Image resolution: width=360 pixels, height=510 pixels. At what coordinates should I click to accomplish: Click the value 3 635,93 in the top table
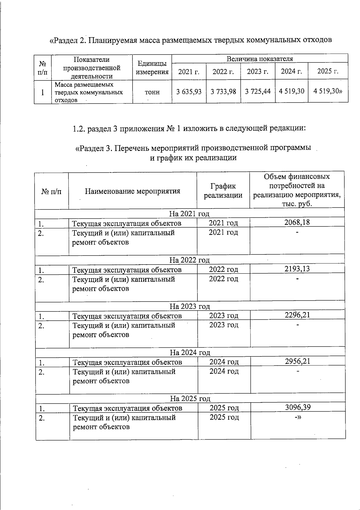pyautogui.click(x=189, y=91)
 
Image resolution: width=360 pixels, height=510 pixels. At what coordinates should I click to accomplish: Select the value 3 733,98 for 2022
pyautogui.click(x=223, y=91)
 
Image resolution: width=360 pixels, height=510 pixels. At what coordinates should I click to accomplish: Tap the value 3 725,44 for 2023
pyautogui.click(x=258, y=91)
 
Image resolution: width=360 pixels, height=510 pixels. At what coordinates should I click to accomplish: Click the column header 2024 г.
pyautogui.click(x=291, y=71)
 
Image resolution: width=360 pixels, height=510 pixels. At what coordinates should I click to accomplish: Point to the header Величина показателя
pyautogui.click(x=260, y=59)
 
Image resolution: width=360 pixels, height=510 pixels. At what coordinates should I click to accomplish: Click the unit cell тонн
pyautogui.click(x=152, y=92)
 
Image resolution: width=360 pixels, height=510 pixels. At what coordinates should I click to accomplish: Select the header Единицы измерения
pyautogui.click(x=152, y=67)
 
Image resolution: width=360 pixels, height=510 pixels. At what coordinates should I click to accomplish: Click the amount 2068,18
pyautogui.click(x=297, y=222)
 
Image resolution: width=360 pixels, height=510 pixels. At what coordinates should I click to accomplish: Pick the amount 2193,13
pyautogui.click(x=297, y=268)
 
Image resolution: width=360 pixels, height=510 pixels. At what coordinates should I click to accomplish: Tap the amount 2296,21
pyautogui.click(x=297, y=315)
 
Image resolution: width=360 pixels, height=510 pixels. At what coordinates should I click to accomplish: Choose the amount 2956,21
pyautogui.click(x=297, y=361)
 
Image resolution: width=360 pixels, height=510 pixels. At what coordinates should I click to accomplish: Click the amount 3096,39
pyautogui.click(x=298, y=407)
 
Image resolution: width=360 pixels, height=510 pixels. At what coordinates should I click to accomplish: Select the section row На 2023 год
pyautogui.click(x=190, y=306)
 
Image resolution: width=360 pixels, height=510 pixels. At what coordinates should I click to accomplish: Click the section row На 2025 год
pyautogui.click(x=190, y=399)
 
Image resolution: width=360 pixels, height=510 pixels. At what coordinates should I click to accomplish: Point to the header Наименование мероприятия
pyautogui.click(x=133, y=191)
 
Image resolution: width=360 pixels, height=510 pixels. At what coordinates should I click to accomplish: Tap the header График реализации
pyautogui.click(x=223, y=191)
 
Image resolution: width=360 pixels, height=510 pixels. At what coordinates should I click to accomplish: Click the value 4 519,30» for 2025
pyautogui.click(x=328, y=91)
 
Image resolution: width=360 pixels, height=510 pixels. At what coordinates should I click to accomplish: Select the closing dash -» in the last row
pyautogui.click(x=298, y=418)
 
